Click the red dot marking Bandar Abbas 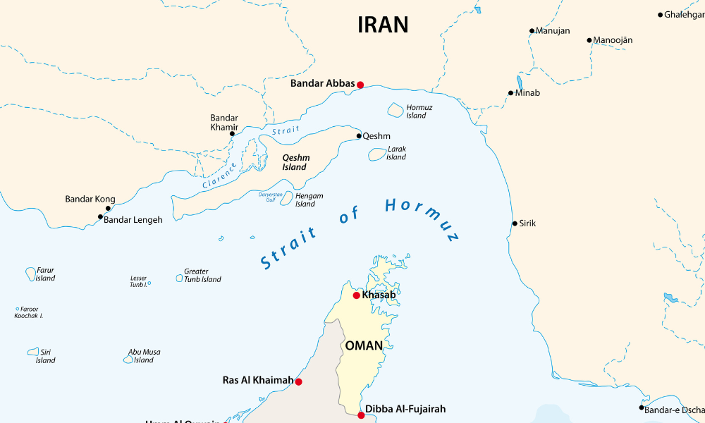(360, 85)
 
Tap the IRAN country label (383, 25)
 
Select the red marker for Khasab (356, 295)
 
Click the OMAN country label (364, 345)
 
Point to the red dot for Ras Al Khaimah (298, 381)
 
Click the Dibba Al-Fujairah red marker (361, 415)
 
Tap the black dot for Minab (511, 93)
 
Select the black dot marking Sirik (515, 223)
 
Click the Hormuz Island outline (396, 110)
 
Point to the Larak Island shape (377, 154)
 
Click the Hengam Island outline (286, 197)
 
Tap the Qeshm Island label (295, 162)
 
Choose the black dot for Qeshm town (358, 136)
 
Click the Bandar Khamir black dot (232, 134)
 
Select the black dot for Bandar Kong (108, 209)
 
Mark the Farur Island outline (31, 273)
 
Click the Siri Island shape (33, 351)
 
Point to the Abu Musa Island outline (128, 359)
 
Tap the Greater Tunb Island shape (179, 278)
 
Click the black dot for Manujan (532, 31)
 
